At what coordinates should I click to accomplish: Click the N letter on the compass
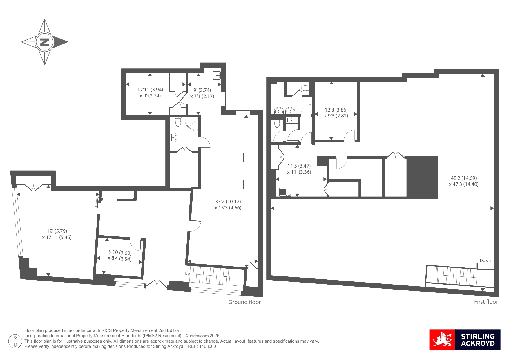[x=44, y=42]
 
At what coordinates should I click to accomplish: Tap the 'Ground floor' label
[x=244, y=302]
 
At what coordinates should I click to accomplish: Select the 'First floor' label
[x=486, y=302]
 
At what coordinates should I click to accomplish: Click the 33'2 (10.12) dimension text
[x=228, y=202]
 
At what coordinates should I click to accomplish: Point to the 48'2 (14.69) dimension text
[x=464, y=178]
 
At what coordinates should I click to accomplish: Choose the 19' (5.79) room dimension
[x=57, y=231]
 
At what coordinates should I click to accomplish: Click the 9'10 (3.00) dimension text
[x=120, y=252]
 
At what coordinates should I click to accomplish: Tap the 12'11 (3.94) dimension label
[x=150, y=90]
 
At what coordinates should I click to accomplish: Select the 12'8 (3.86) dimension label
[x=336, y=110]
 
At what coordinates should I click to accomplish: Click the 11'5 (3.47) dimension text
[x=299, y=166]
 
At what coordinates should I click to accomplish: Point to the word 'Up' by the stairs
[x=187, y=273]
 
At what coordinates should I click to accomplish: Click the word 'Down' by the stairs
[x=485, y=260]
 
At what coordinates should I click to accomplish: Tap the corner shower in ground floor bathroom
[x=192, y=124]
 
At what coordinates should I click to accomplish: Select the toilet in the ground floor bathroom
[x=178, y=122]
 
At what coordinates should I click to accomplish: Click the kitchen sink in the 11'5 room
[x=285, y=192]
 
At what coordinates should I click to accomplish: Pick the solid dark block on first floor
[x=422, y=178]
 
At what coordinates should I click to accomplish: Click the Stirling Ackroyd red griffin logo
[x=442, y=340]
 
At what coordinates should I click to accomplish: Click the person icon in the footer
[x=15, y=341]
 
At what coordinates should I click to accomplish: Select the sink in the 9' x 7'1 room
[x=217, y=76]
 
